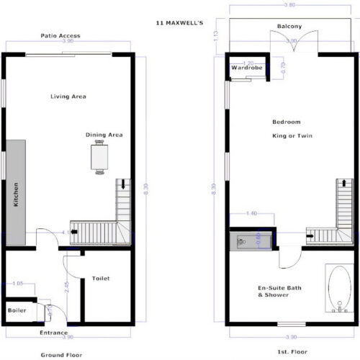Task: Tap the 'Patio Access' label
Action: pyautogui.click(x=60, y=35)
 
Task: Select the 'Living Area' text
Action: pyautogui.click(x=68, y=96)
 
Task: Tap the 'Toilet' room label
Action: pyautogui.click(x=101, y=279)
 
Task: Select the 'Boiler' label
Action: pyautogui.click(x=17, y=310)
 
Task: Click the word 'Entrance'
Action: pyautogui.click(x=54, y=333)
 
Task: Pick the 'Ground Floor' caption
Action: pyautogui.click(x=60, y=355)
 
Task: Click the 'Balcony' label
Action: pyautogui.click(x=289, y=27)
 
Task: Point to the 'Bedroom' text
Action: pyautogui.click(x=286, y=122)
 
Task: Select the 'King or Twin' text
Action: pyautogui.click(x=290, y=135)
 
